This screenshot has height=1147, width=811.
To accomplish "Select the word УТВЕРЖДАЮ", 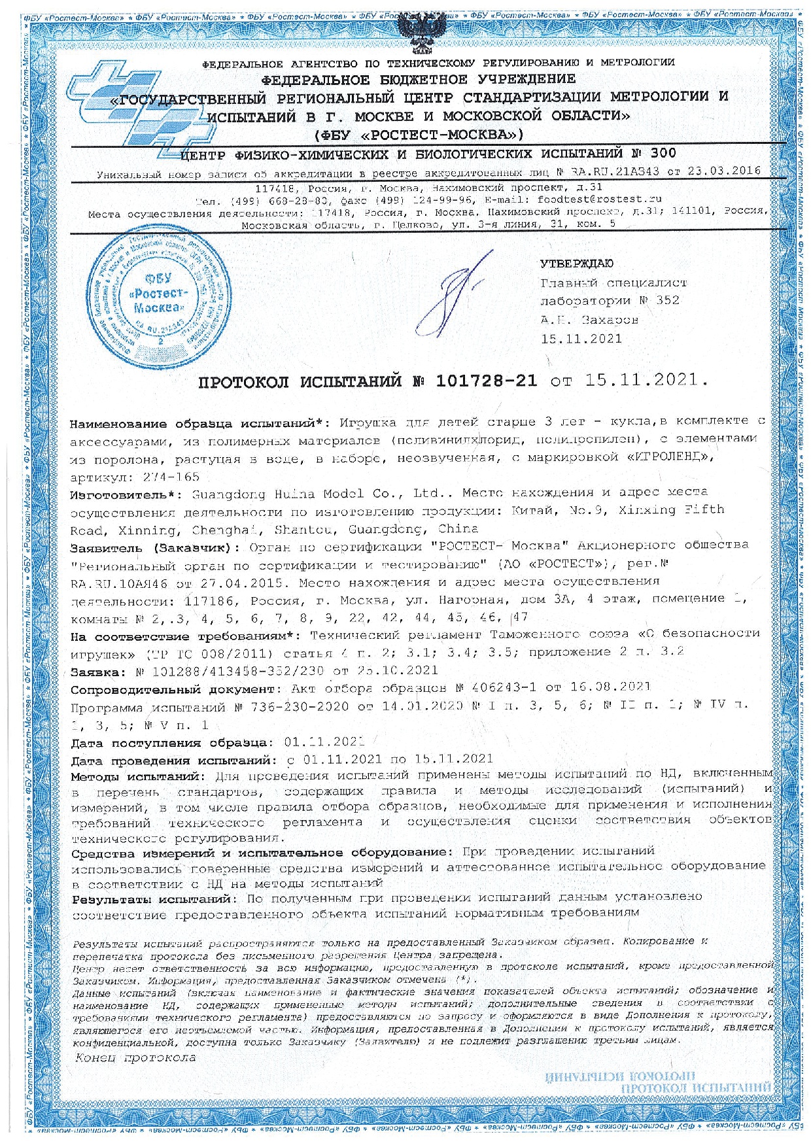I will click(x=576, y=264).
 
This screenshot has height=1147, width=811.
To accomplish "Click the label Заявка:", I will click(x=97, y=671).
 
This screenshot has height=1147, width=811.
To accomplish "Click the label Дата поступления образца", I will click(x=171, y=743).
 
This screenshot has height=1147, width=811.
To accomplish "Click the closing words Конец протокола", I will click(x=135, y=1057).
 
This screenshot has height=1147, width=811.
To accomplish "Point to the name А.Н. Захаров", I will click(x=589, y=320).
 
